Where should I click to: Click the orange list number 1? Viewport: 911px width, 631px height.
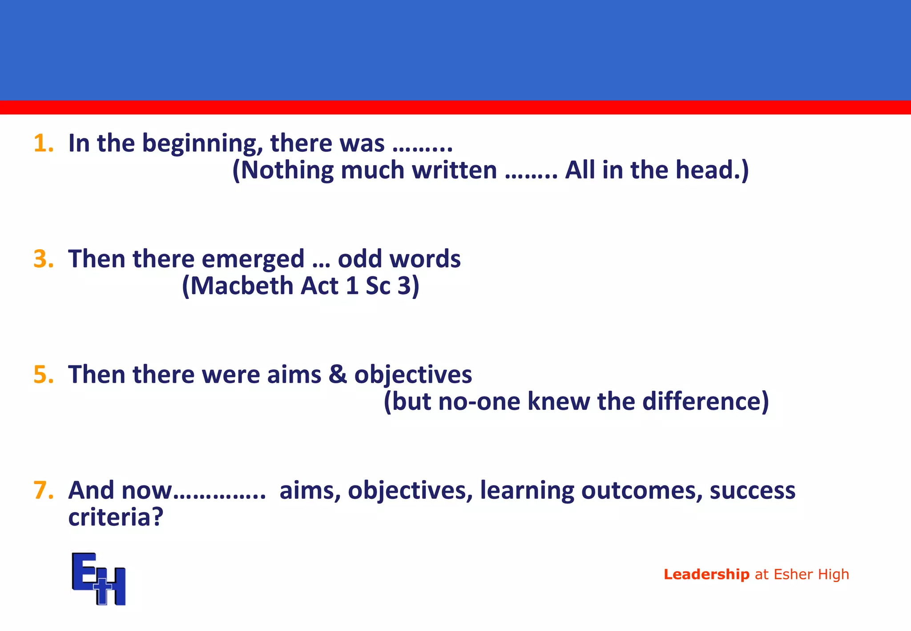point(43,143)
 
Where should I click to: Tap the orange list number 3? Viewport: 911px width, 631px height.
point(43,259)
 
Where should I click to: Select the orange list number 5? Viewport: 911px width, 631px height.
point(43,375)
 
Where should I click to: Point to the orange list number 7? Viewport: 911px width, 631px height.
point(43,490)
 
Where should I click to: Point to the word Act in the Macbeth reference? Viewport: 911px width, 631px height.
point(319,286)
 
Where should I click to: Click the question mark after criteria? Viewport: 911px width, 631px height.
point(158,517)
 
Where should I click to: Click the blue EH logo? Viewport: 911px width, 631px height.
point(98,578)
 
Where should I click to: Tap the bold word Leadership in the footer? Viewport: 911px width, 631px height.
point(706,574)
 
